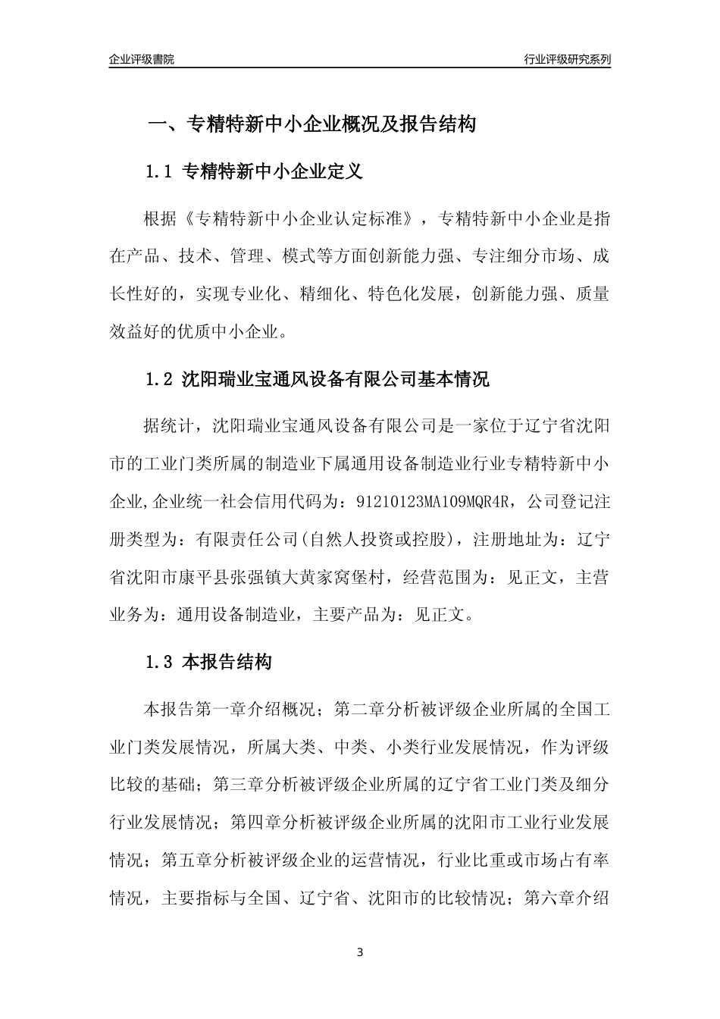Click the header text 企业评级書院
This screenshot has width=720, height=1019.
coord(142,59)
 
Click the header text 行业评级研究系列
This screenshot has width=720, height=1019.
coord(567,59)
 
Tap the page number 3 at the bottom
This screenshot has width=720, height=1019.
coord(360,952)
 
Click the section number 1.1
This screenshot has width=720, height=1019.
coord(159,172)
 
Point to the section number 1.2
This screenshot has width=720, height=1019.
coord(159,379)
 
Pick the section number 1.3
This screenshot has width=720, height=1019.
coord(159,662)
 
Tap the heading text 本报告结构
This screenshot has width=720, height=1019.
coord(227,662)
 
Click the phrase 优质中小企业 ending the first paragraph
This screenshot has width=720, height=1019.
coord(237,331)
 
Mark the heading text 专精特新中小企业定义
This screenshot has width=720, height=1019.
coord(274,172)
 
